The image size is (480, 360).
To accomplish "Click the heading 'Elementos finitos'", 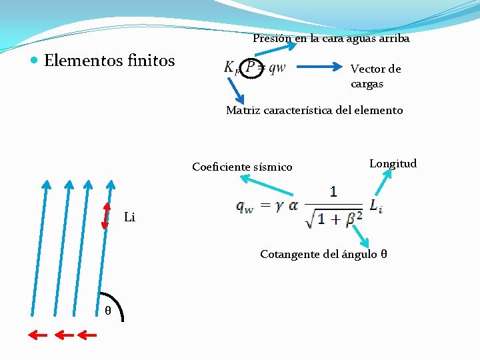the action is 109,61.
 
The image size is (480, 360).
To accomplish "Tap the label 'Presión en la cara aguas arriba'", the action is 331,39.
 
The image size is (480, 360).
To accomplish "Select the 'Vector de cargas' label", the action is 376,76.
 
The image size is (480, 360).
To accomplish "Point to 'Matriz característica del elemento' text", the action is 314,110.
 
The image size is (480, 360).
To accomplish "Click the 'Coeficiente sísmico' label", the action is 242,167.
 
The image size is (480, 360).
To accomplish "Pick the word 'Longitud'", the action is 393,163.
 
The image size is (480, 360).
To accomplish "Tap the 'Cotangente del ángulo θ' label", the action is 324,254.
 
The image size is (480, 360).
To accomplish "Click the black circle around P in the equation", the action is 251,67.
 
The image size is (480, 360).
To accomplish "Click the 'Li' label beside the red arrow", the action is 130,217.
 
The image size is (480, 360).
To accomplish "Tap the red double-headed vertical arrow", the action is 105,215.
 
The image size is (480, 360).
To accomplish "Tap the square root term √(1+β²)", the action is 334,216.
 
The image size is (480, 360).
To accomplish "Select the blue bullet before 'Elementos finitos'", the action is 35,61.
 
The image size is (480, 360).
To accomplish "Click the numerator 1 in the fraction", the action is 333,191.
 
